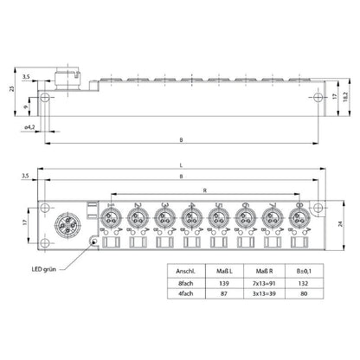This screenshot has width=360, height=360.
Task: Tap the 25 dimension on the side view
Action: (x=12, y=89)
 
